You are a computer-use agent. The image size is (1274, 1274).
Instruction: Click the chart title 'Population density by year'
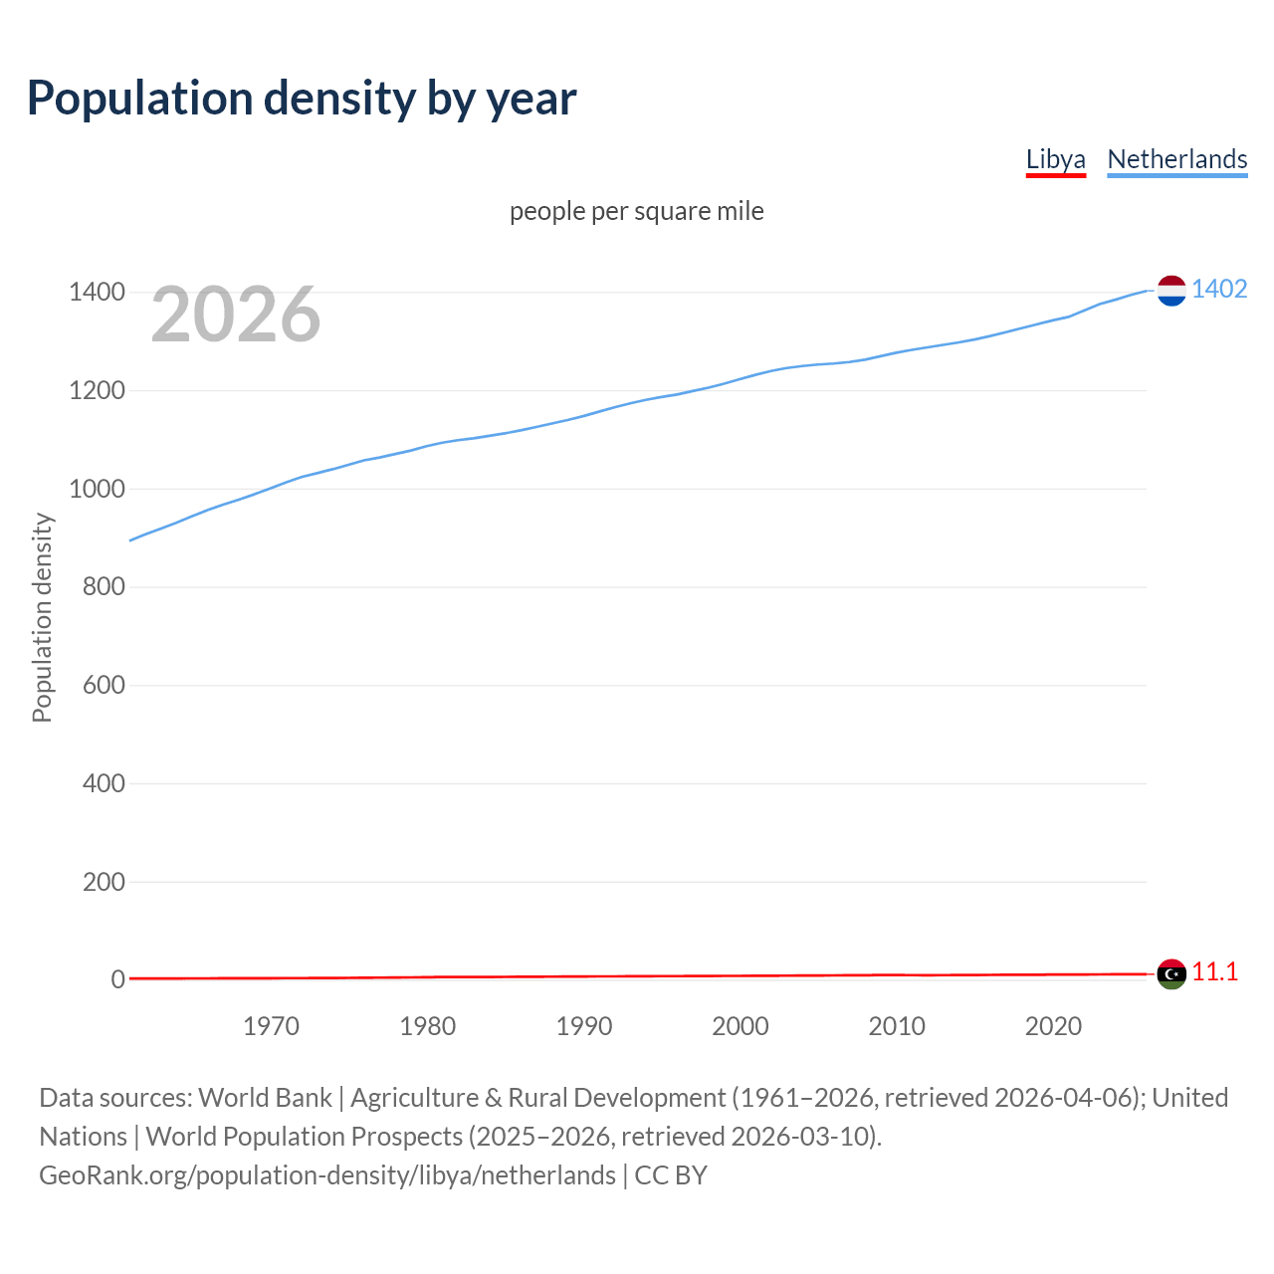click(302, 98)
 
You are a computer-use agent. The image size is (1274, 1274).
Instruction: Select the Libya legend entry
click(1055, 159)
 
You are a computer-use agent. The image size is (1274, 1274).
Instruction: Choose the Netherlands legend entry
click(1176, 159)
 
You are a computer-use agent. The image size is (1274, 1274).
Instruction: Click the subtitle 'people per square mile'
click(636, 211)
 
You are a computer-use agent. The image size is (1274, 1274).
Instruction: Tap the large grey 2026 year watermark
click(235, 315)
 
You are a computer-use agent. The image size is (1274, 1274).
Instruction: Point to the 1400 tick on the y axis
click(97, 292)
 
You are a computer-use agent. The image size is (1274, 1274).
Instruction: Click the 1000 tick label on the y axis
click(97, 489)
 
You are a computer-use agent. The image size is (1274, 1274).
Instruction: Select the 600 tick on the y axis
click(104, 685)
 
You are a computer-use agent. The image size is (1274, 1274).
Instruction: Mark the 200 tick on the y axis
click(104, 882)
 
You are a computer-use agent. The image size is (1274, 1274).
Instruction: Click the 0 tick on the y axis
click(117, 979)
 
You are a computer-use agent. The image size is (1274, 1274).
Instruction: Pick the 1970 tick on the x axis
click(271, 1026)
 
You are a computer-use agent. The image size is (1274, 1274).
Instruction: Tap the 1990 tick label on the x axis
click(584, 1026)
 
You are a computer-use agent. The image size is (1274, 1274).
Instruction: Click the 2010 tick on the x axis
click(897, 1026)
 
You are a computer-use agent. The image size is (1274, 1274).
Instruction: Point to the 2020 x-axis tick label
click(1053, 1026)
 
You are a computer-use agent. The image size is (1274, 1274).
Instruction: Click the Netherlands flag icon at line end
click(1171, 291)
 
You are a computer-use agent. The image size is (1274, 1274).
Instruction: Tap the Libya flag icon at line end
click(1171, 973)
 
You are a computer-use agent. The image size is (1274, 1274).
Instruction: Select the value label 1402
click(1219, 289)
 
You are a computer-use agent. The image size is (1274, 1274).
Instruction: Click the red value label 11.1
click(1215, 972)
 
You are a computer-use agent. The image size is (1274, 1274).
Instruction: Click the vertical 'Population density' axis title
click(42, 617)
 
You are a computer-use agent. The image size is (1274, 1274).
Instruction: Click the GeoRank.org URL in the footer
click(327, 1175)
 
